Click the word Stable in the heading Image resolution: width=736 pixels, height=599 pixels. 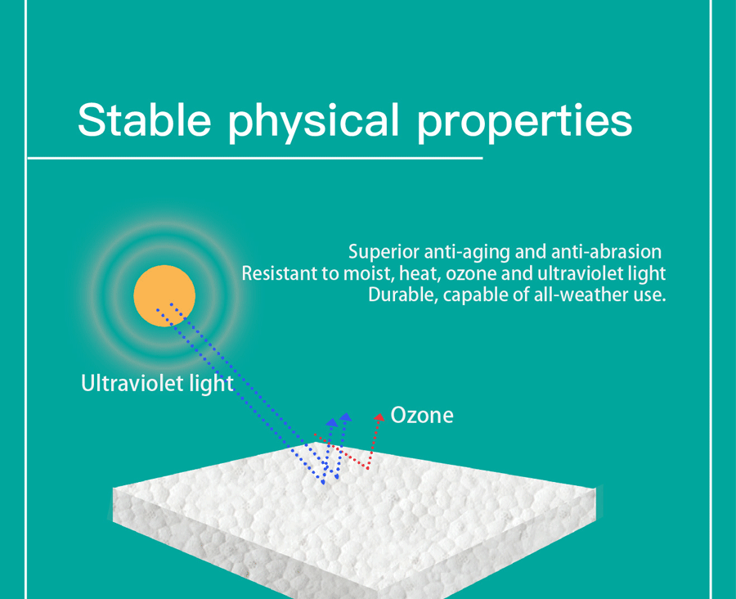pyautogui.click(x=145, y=119)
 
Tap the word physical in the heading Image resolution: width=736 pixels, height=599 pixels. pyautogui.click(x=313, y=122)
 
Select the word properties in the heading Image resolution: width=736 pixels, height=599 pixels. pyautogui.click(x=525, y=123)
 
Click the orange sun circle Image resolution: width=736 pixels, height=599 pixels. pyautogui.click(x=164, y=295)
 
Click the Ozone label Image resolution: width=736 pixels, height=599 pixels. pyautogui.click(x=422, y=416)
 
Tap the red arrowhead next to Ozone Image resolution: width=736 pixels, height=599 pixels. pyautogui.click(x=379, y=417)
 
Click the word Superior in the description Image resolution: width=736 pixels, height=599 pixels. pyautogui.click(x=384, y=253)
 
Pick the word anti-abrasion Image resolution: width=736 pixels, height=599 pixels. pyautogui.click(x=607, y=252)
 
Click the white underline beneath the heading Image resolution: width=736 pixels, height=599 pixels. pyautogui.click(x=255, y=158)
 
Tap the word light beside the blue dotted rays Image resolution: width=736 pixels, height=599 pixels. pyautogui.click(x=211, y=384)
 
